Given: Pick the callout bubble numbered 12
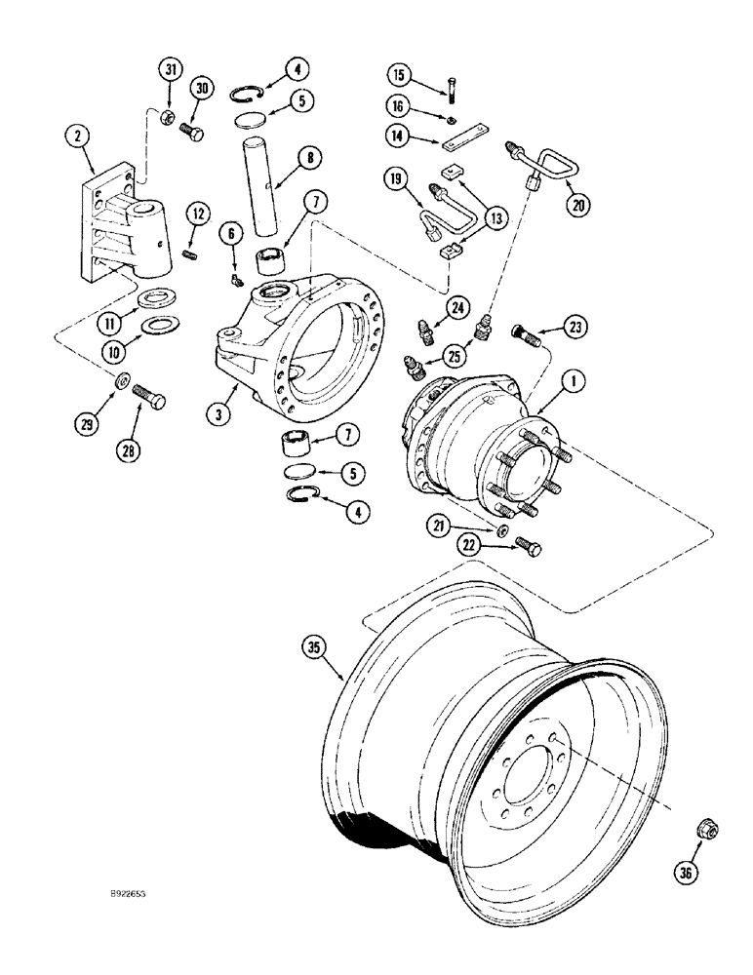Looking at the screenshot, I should [x=198, y=212].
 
